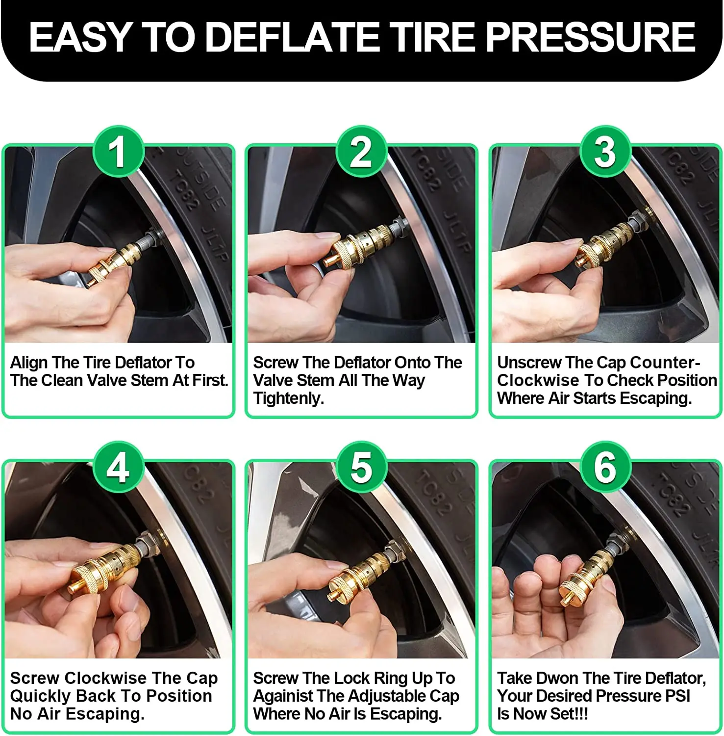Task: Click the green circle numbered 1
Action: [118, 152]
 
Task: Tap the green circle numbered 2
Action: [361, 152]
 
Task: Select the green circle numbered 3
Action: [605, 152]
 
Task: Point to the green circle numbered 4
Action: [118, 467]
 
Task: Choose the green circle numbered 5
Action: [361, 467]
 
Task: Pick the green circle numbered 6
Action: [605, 467]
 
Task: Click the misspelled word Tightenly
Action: [289, 398]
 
